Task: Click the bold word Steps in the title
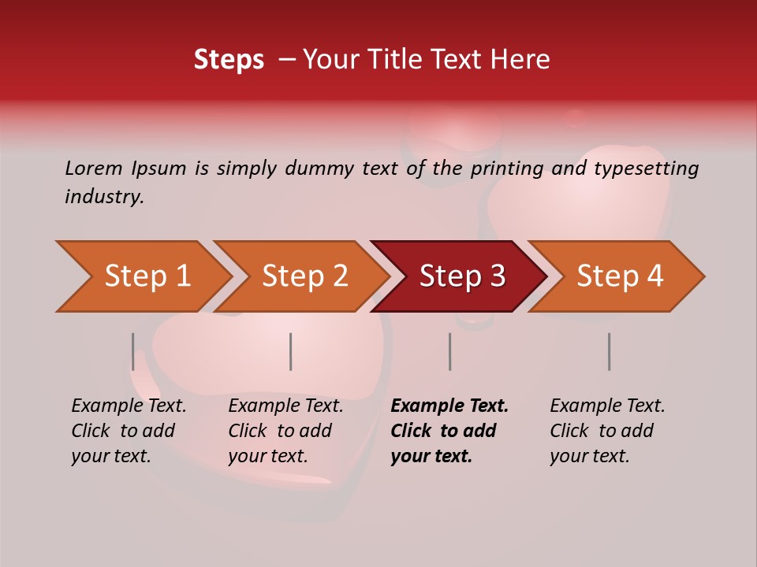coord(229,61)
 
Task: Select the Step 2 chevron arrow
coord(304,276)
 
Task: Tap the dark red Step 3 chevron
coord(461,276)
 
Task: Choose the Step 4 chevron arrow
coord(620,276)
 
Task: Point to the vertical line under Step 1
coord(132,351)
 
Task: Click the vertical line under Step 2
coord(291,351)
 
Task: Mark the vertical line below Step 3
coord(449,351)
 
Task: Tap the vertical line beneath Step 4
coord(609,351)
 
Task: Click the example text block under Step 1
coord(129,431)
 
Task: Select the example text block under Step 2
coord(285,431)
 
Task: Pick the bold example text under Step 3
coord(449,431)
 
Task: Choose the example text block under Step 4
coord(607,431)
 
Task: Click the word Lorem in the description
coord(94,168)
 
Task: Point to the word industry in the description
coord(104,197)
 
